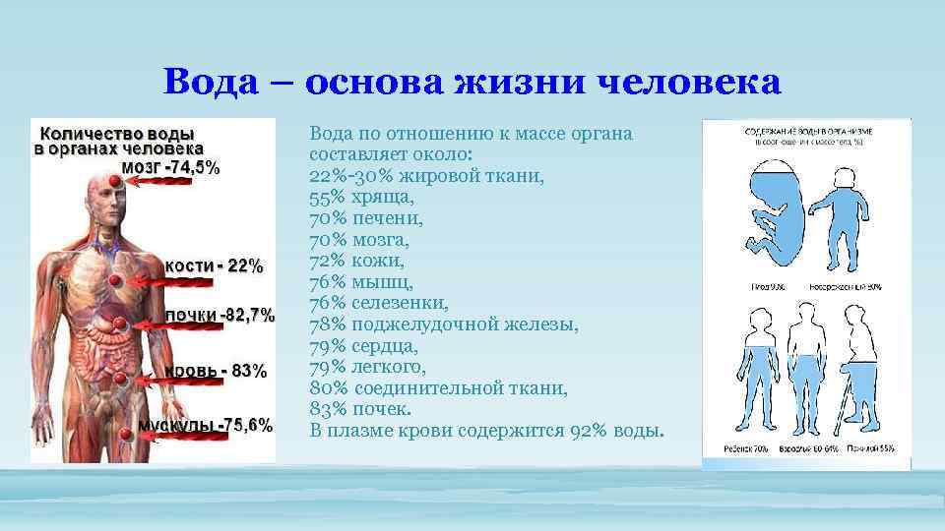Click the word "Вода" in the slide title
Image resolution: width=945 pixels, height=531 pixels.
(212, 82)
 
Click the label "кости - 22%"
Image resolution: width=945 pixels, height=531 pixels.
(214, 265)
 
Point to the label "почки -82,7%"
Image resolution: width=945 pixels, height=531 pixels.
(220, 316)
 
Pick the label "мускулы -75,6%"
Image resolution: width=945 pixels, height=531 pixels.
(205, 425)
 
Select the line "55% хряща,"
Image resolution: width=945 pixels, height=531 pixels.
(347, 197)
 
